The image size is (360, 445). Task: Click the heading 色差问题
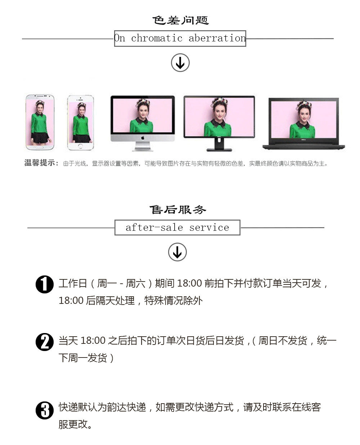click(180, 21)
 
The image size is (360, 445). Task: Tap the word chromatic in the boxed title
click(157, 38)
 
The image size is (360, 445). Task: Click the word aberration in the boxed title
click(217, 38)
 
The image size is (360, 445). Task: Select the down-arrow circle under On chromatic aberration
click(180, 63)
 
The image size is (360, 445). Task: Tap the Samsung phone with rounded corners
click(40, 122)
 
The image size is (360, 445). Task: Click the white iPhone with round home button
click(80, 122)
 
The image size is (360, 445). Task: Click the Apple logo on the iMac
click(143, 138)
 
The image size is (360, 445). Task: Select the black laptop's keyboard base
click(303, 147)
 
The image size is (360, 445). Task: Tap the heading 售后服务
click(178, 210)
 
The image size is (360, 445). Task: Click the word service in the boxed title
click(209, 228)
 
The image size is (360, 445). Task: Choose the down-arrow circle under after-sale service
click(177, 252)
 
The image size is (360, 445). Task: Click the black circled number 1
click(45, 284)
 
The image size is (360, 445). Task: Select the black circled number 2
click(45, 342)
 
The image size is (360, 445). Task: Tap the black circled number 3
click(45, 410)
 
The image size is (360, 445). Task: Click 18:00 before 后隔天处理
click(71, 301)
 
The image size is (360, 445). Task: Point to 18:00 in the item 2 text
click(93, 341)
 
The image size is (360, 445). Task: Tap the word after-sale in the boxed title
click(154, 228)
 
